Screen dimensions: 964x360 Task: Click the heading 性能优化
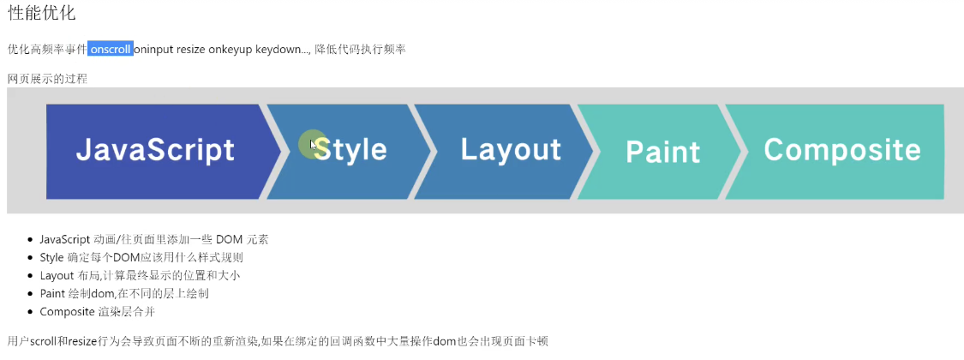pyautogui.click(x=42, y=13)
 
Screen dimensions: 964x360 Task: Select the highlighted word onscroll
pyautogui.click(x=111, y=49)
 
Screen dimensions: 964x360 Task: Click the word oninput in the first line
pyautogui.click(x=153, y=49)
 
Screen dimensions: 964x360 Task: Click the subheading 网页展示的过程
pyautogui.click(x=47, y=80)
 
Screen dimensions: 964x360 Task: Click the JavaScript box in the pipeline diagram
pyautogui.click(x=163, y=152)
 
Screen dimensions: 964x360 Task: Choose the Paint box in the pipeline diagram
pyautogui.click(x=660, y=152)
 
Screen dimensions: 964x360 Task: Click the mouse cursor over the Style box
pyautogui.click(x=314, y=145)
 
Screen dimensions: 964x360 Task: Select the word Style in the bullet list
pyautogui.click(x=51, y=258)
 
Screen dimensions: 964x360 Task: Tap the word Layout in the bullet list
pyautogui.click(x=57, y=276)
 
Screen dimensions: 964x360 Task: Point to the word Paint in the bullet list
pyautogui.click(x=52, y=293)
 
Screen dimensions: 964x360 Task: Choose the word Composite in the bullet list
pyautogui.click(x=66, y=312)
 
